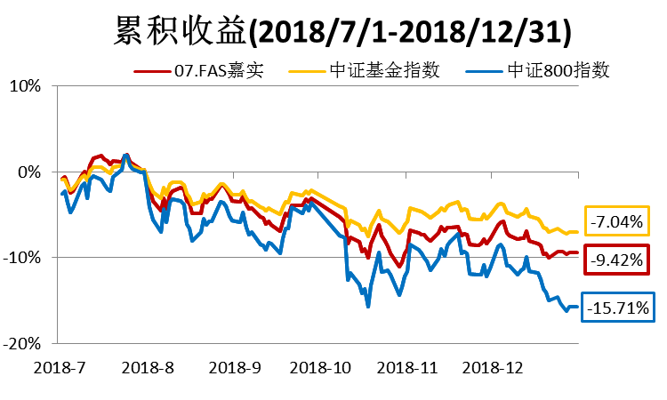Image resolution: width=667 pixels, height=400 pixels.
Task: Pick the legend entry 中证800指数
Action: [557, 70]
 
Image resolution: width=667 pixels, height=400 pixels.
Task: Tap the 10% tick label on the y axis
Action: [26, 87]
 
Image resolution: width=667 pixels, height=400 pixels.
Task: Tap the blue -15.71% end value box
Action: [616, 308]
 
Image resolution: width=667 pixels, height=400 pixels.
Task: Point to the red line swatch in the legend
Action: [152, 71]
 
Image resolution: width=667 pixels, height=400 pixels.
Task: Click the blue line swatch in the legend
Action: [488, 71]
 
